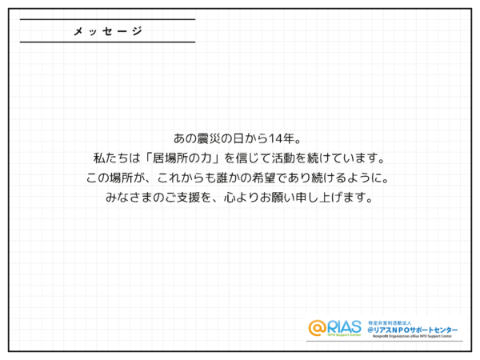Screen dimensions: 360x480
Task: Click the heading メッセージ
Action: [x=108, y=31]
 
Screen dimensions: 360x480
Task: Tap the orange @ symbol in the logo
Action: [x=318, y=327]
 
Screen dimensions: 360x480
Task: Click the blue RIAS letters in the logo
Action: [x=345, y=326]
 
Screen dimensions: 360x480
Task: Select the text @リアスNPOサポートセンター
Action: [x=412, y=330]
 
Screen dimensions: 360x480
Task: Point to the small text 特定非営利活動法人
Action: [x=387, y=321]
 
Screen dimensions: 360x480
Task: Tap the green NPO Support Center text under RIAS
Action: [x=345, y=335]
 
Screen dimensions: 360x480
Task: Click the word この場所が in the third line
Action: [x=114, y=177]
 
